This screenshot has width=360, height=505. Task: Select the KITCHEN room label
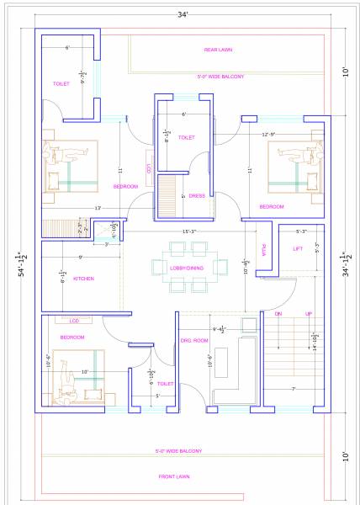pos(83,279)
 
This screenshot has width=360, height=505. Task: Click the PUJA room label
pos(263,250)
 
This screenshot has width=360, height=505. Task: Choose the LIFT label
pos(297,249)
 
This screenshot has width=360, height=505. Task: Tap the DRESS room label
pos(197,196)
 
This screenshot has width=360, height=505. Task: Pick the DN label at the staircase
pos(278,313)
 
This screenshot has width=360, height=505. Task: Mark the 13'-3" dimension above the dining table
pos(189,231)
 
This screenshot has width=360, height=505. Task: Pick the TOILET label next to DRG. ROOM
pos(165,384)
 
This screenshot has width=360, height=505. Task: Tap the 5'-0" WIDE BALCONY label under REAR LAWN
pos(220,77)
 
